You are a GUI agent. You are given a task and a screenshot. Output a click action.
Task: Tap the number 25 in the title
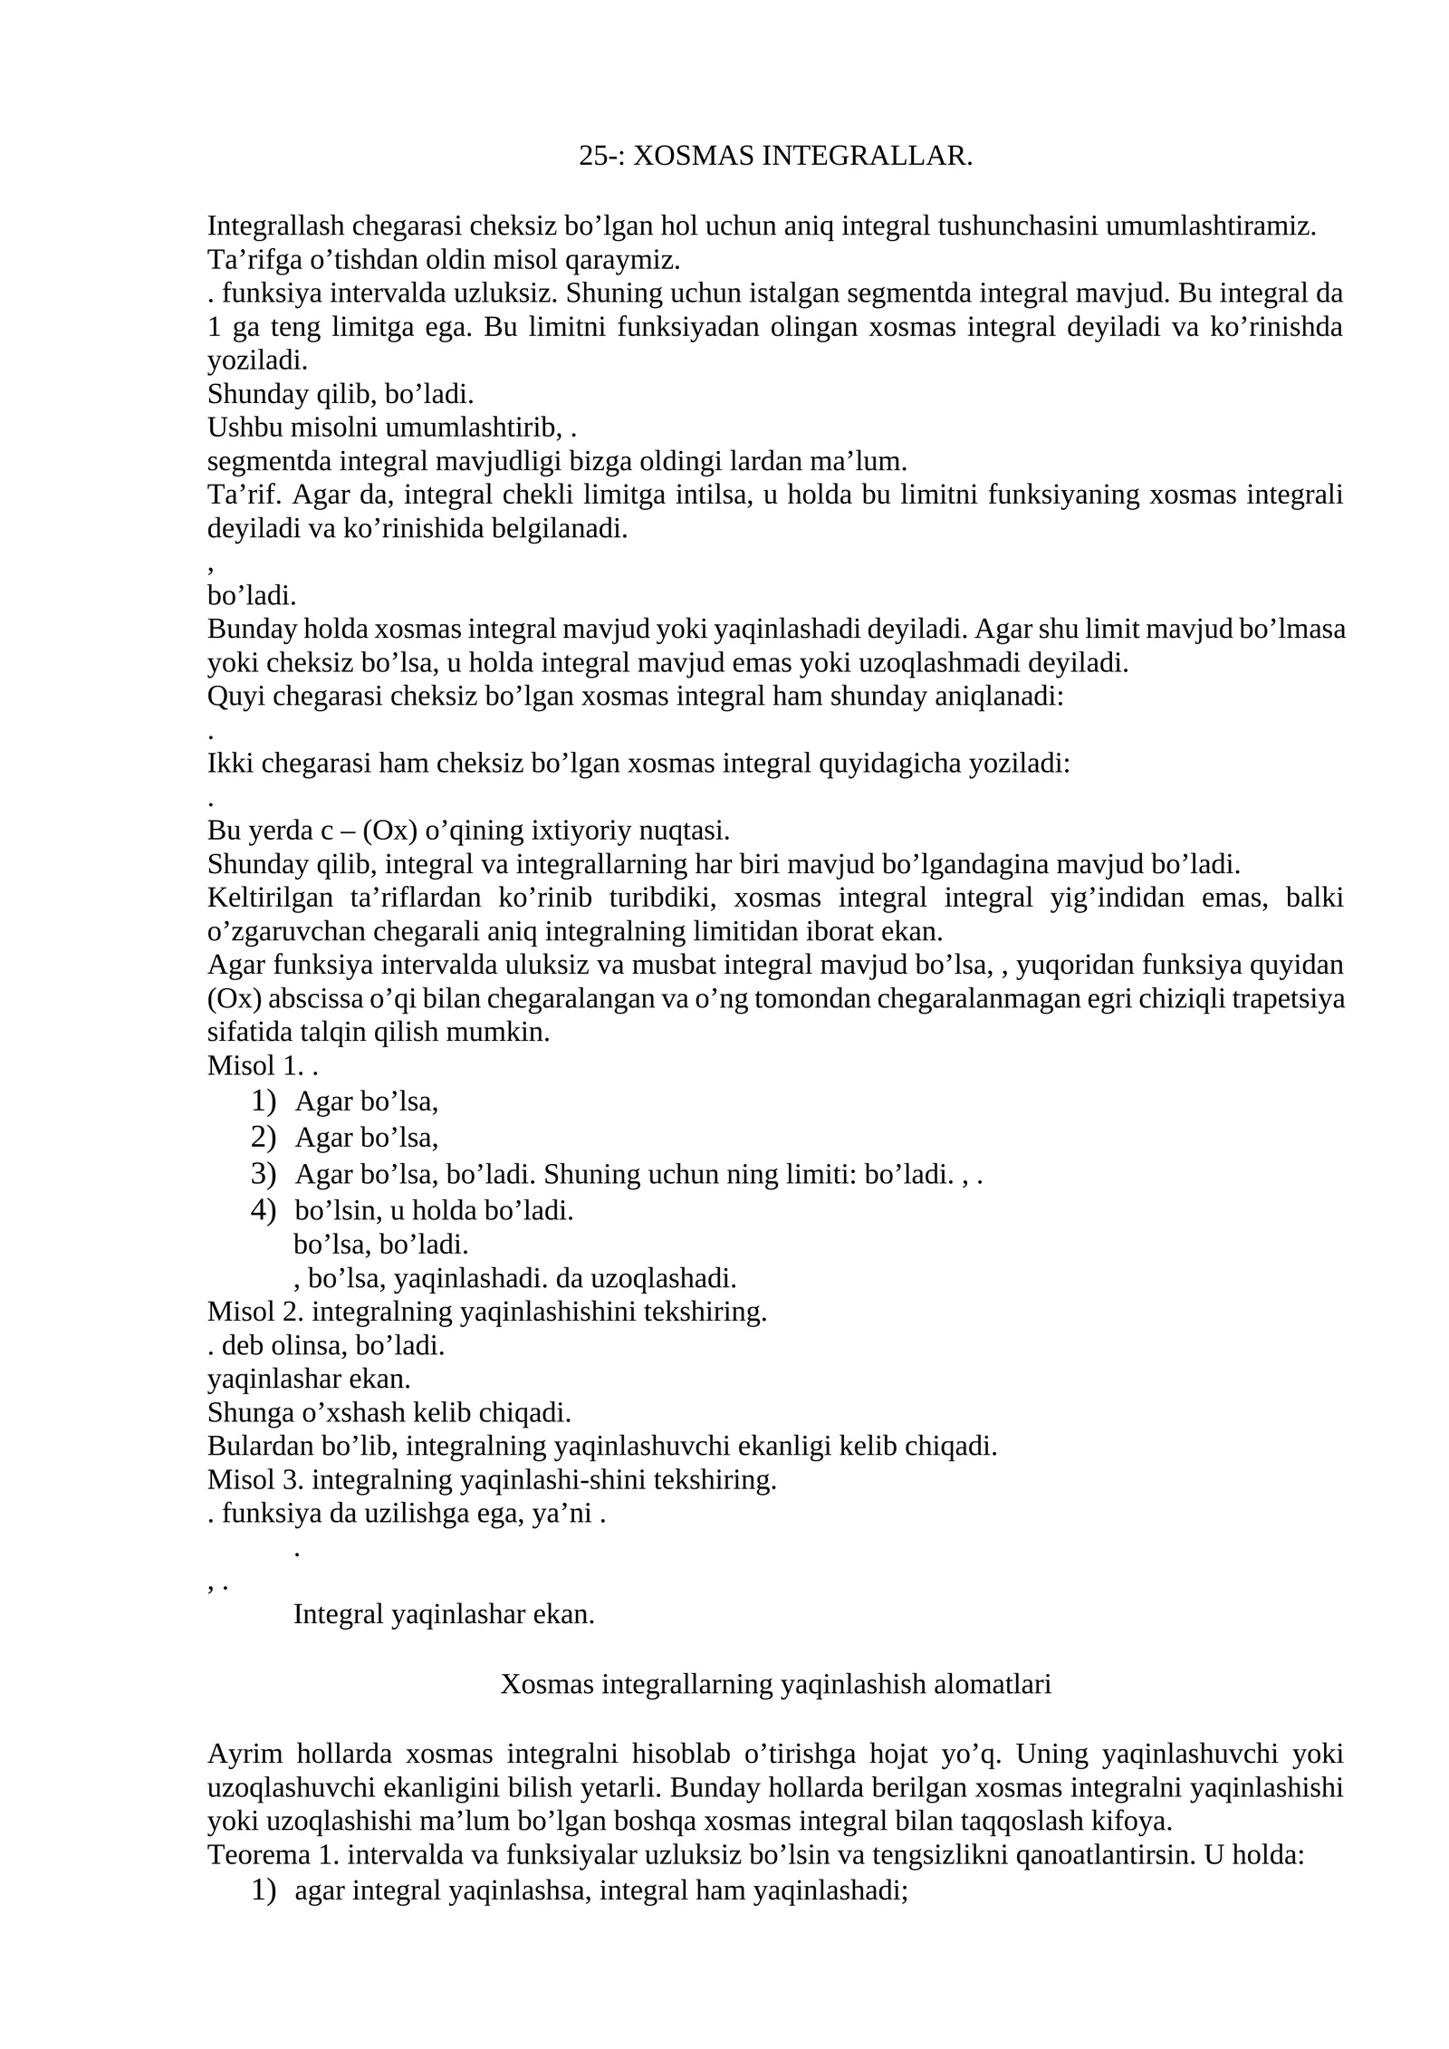click(x=592, y=157)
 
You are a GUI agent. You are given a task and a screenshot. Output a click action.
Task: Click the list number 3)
click(x=264, y=1174)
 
